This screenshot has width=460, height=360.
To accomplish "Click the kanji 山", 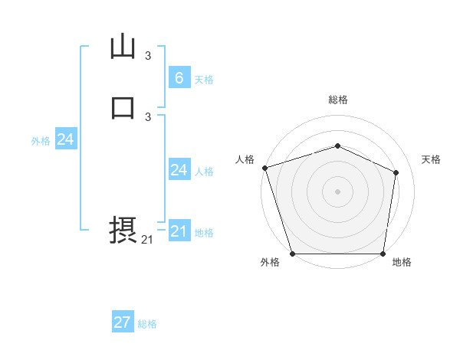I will tap(123, 47).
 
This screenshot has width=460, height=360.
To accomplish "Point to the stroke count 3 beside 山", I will tap(148, 55).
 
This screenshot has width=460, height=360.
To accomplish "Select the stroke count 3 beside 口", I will tap(148, 116).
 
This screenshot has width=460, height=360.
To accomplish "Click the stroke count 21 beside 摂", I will tap(147, 240).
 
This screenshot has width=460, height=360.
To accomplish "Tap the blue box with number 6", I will tap(179, 77).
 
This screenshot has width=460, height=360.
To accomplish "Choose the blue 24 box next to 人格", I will tap(179, 170).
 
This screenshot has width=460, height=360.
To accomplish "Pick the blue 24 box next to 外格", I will tap(66, 139).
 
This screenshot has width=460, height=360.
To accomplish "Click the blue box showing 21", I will tap(179, 231).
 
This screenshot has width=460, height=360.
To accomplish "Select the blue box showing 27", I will tap(123, 322).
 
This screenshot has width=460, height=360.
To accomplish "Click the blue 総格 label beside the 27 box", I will tap(147, 324).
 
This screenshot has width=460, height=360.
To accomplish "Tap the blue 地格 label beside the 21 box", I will tap(204, 233).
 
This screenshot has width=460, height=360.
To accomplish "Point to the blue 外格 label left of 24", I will tap(41, 141).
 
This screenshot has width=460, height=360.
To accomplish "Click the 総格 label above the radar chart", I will tap(337, 100).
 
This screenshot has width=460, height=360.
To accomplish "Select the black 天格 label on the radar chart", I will tap(431, 159).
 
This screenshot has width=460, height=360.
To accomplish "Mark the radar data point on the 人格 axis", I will tap(264, 168).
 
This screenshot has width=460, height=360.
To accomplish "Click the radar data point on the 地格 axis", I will tap(383, 254).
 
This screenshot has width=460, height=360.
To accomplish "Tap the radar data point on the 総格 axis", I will tap(337, 146).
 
